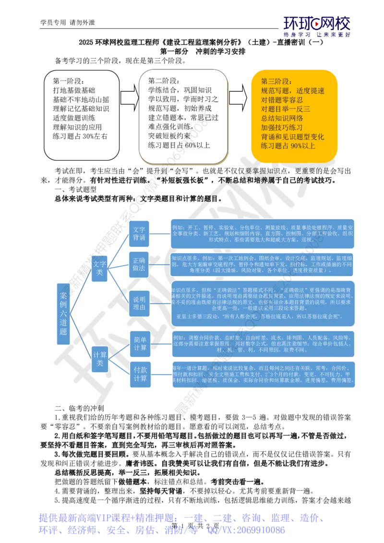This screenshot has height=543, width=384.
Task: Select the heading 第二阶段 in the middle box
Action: (163, 80)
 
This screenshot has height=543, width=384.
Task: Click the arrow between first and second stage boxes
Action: (128, 98)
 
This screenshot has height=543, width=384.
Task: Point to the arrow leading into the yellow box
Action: (239, 98)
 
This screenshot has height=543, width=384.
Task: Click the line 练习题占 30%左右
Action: (80, 136)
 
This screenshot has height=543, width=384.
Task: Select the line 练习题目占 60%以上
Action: (179, 145)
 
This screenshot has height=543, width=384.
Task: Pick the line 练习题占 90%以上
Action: (288, 145)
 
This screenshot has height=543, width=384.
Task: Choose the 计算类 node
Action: (99, 358)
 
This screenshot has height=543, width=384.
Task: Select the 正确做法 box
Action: (139, 263)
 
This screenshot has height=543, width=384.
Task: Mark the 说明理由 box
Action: (139, 304)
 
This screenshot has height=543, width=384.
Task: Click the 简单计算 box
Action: (140, 344)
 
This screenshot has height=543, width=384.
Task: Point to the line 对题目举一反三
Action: (286, 109)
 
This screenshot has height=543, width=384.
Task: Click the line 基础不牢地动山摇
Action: (81, 100)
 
